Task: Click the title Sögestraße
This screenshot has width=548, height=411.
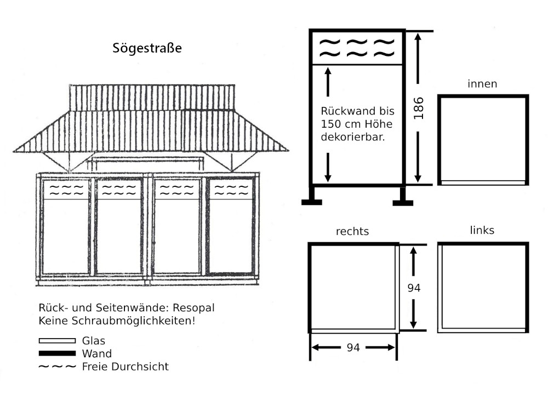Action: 147,48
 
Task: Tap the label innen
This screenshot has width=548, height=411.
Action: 482,84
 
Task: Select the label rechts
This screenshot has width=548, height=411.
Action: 352,231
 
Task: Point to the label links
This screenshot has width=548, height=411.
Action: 482,230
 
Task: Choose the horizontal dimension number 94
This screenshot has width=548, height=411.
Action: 353,347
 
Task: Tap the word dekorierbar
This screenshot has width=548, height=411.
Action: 353,137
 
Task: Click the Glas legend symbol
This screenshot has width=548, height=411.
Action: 57,341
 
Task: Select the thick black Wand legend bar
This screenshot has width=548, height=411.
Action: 57,353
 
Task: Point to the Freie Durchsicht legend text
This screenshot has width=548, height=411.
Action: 125,367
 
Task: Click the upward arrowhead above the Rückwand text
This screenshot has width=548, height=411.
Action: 328,70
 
